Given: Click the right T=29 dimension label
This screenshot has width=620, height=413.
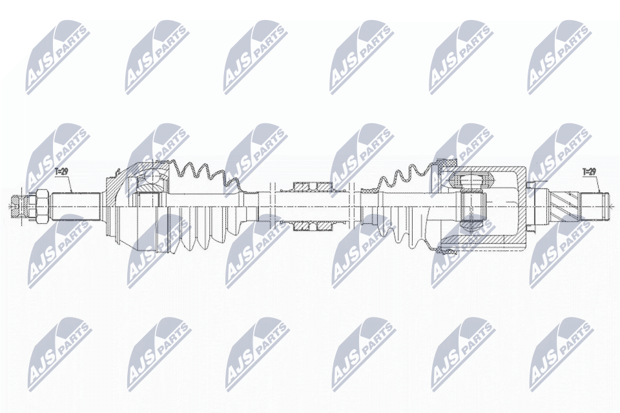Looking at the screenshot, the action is coord(590,172).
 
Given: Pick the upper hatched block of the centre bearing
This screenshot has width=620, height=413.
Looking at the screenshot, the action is coord(311,186).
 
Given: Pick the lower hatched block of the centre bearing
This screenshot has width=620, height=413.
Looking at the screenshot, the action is coord(311,225).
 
